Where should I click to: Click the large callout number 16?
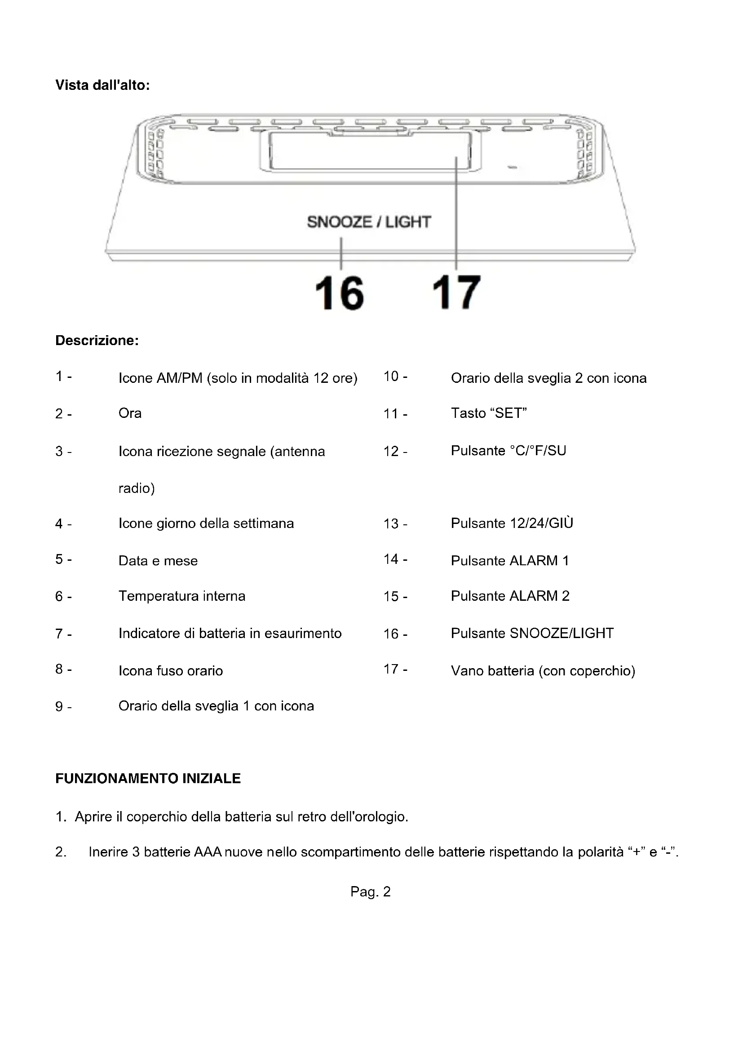340,293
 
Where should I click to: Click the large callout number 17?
456,293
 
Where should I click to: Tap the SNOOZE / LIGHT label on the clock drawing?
369,222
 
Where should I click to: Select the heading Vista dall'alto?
102,85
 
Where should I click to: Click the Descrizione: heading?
97,340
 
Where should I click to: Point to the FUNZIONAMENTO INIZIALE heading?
148,778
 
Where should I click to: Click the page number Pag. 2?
371,891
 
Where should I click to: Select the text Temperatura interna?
181,595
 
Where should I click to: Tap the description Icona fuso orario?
171,670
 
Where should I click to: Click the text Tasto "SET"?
489,413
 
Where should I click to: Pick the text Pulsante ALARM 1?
510,560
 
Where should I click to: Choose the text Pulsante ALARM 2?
510,595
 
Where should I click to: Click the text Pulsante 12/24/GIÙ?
512,523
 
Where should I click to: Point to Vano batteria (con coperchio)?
543,670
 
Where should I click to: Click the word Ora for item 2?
130,413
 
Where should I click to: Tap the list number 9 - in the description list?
63,706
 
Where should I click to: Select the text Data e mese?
158,560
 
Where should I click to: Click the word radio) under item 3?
137,488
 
